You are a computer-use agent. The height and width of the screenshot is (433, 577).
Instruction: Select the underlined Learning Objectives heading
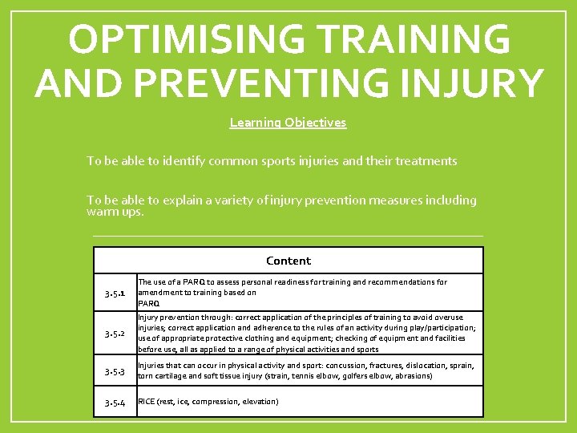point(288,123)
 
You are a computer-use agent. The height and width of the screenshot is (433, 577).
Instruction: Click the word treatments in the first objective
point(424,161)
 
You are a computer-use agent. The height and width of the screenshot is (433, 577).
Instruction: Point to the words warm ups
point(115,212)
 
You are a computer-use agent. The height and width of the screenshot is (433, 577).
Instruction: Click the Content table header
point(288,261)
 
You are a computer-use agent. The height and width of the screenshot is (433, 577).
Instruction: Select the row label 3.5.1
point(115,293)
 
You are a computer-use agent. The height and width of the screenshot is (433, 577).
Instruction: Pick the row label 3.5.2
point(115,333)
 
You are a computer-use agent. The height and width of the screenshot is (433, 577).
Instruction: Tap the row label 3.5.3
point(115,371)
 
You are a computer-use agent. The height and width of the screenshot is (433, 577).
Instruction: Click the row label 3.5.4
point(115,402)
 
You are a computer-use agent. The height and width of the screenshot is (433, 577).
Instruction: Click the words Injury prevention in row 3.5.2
point(169,318)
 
